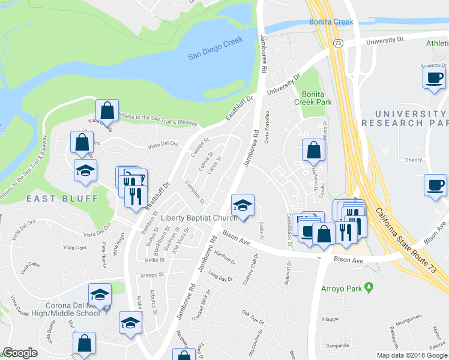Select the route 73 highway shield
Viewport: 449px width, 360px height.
tap(339, 43)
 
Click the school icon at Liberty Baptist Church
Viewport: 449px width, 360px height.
tap(243, 206)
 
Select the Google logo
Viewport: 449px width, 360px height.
tap(20, 353)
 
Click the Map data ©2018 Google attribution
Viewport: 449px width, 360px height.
tap(411, 355)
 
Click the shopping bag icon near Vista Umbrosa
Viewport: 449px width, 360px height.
tap(106, 111)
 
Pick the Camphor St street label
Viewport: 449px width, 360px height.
tap(195, 191)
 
